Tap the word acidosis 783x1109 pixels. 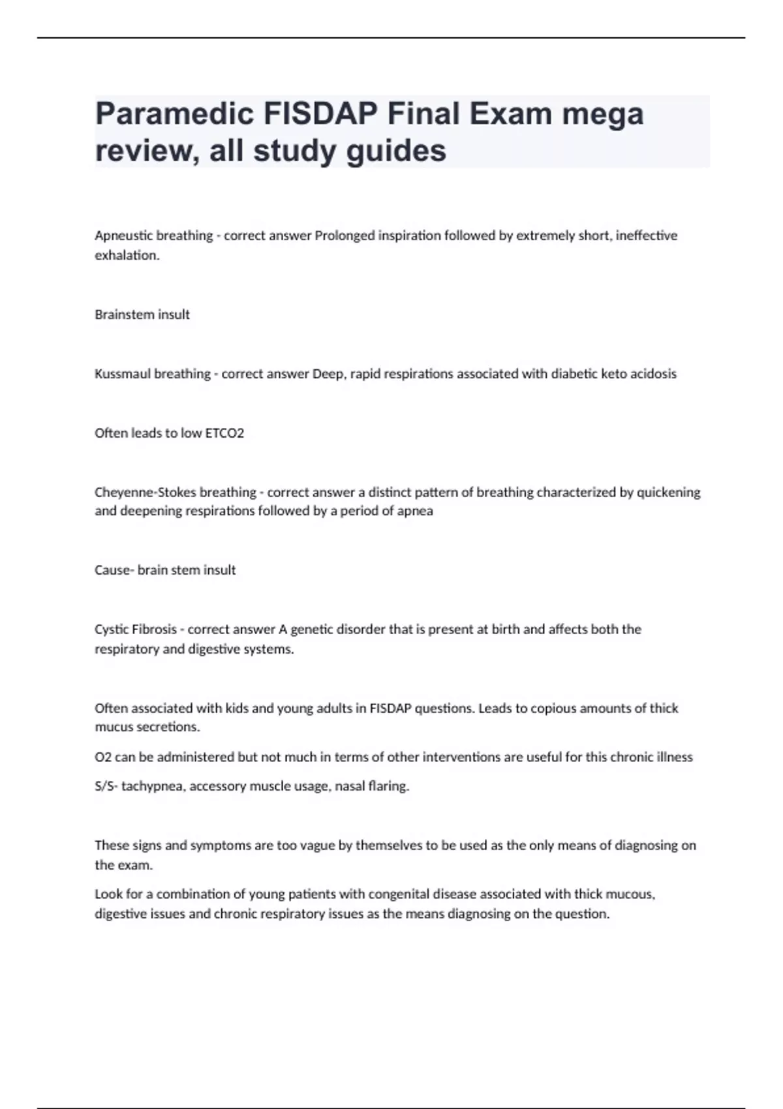tap(653, 374)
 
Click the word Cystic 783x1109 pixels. tap(112, 630)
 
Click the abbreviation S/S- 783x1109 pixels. tap(106, 787)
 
